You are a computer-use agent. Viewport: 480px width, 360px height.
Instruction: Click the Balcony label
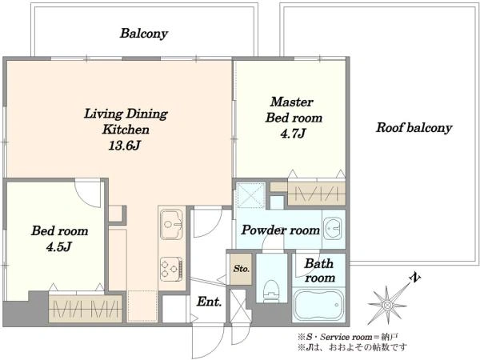click(x=144, y=34)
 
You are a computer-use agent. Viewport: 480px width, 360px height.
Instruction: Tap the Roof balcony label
click(x=414, y=127)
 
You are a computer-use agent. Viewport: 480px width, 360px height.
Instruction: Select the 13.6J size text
click(x=125, y=146)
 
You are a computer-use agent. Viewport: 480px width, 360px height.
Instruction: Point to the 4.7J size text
click(x=293, y=133)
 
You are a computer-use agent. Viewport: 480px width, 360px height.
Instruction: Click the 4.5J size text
click(x=59, y=246)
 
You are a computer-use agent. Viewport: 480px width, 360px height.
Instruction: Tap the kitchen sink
click(x=171, y=224)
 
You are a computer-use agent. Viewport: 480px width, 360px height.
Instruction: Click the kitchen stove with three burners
click(x=171, y=269)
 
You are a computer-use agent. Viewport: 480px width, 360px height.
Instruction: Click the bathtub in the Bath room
click(x=318, y=305)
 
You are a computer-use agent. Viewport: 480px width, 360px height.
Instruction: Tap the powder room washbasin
click(x=333, y=228)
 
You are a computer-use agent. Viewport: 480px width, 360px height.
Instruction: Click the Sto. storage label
click(x=242, y=269)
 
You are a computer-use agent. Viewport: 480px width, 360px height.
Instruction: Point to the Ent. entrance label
click(x=209, y=302)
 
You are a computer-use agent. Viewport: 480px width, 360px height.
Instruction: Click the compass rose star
click(x=387, y=305)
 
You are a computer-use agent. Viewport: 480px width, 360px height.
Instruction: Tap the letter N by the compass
click(x=414, y=278)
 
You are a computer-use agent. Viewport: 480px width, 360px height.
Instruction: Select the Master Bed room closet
click(x=317, y=194)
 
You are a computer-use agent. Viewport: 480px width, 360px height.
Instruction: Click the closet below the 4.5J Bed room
click(x=86, y=309)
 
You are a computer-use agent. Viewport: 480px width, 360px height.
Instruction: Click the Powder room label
click(x=281, y=230)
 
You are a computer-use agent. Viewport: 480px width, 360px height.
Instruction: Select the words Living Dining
click(x=126, y=114)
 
